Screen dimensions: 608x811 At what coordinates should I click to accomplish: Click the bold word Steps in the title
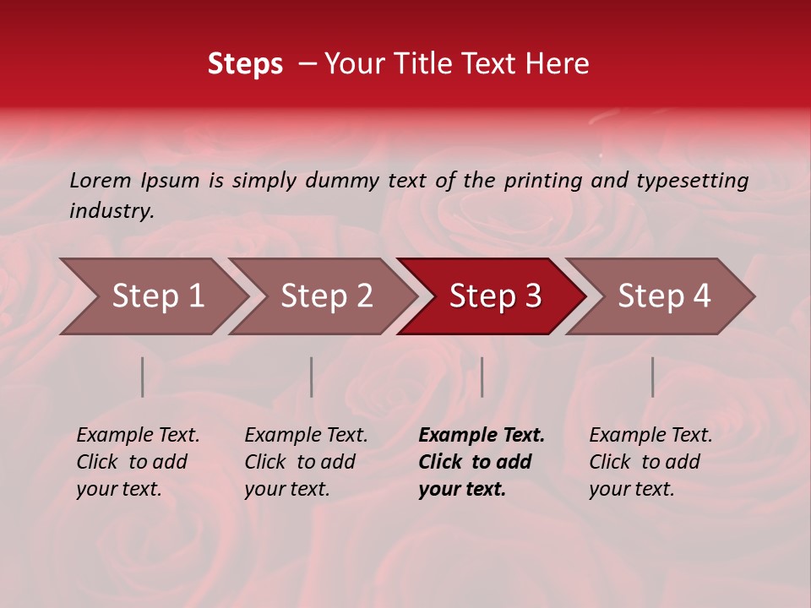(x=245, y=64)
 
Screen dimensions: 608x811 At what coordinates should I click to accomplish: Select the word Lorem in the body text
(x=101, y=180)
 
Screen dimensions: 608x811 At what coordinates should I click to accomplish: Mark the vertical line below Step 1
(x=142, y=377)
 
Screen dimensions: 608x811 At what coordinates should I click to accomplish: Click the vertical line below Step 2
(x=312, y=377)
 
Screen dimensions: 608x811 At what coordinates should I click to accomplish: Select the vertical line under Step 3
(x=482, y=377)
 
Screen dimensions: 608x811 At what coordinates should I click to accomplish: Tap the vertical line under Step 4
(x=652, y=377)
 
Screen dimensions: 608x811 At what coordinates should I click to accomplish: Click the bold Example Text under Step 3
(x=482, y=436)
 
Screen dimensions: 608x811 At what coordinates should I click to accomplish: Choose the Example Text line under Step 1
(x=138, y=436)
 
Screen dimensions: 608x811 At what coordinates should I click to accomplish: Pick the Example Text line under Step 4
(x=650, y=436)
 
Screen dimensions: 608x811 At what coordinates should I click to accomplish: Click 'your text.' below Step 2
(x=287, y=489)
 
